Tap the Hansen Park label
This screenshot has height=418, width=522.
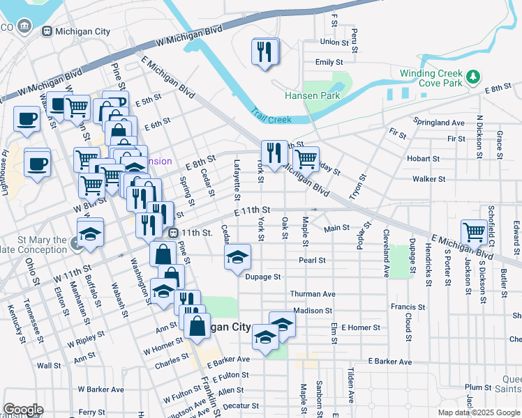pyautogui.click(x=311, y=95)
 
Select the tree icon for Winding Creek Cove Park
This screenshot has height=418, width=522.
pyautogui.click(x=474, y=75)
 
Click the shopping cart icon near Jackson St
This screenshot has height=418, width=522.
pyautogui.click(x=474, y=231)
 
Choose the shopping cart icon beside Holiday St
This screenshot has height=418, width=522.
pyautogui.click(x=306, y=158)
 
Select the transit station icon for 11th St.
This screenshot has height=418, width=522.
pyautogui.click(x=172, y=232)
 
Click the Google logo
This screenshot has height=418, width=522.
pyautogui.click(x=23, y=409)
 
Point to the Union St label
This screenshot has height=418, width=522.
pyautogui.click(x=334, y=42)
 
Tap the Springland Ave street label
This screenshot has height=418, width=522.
pyautogui.click(x=438, y=123)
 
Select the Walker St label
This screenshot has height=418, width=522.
pyautogui.click(x=428, y=179)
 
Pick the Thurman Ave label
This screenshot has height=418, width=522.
pyautogui.click(x=313, y=294)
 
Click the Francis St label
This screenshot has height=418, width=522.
pyautogui.click(x=408, y=307)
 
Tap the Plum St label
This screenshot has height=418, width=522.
pyautogui.click(x=478, y=387)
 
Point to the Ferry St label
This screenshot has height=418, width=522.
pyautogui.click(x=91, y=412)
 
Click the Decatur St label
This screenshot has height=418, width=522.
pyautogui.click(x=246, y=405)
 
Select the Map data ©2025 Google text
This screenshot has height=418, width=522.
pyautogui.click(x=479, y=412)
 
